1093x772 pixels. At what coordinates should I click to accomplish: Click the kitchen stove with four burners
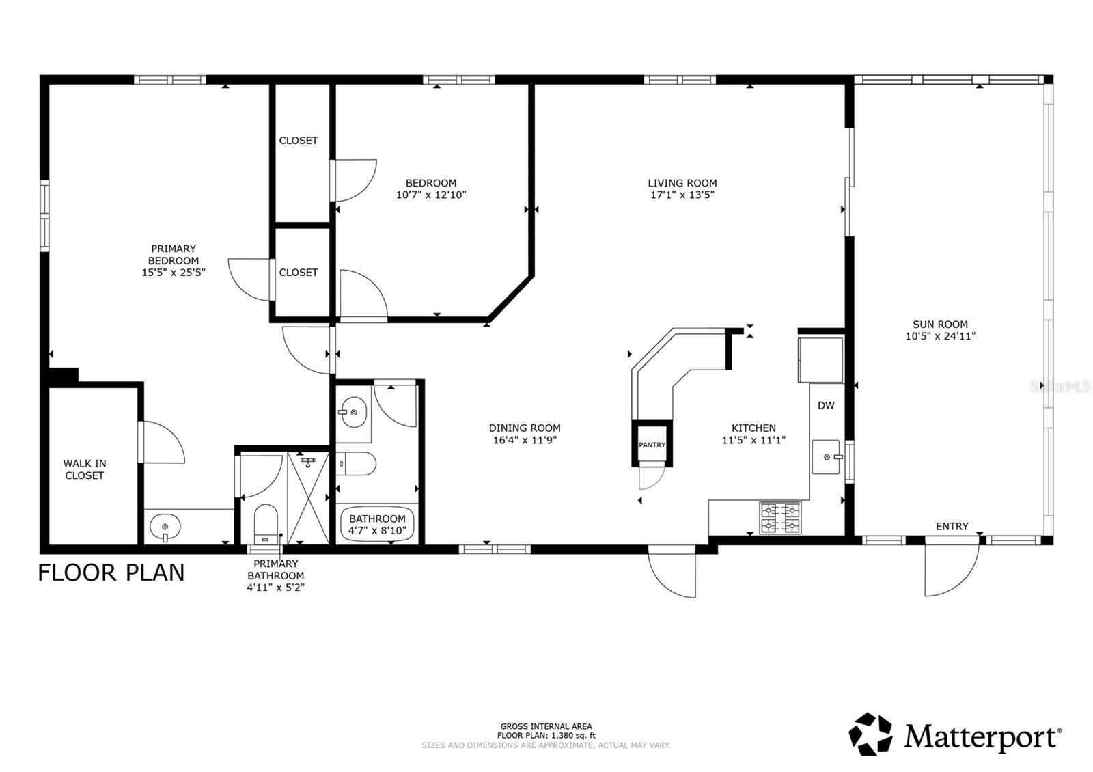pyautogui.click(x=780, y=517)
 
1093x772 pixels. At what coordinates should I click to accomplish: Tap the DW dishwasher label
pyautogui.click(x=826, y=405)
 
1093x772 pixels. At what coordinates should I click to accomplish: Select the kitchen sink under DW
pyautogui.click(x=827, y=456)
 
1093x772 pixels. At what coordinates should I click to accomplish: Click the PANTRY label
pyautogui.click(x=652, y=445)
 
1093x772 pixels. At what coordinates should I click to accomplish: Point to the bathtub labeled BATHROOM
pyautogui.click(x=377, y=525)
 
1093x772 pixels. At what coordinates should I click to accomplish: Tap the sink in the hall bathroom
pyautogui.click(x=353, y=412)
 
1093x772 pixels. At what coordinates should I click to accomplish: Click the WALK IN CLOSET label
pyautogui.click(x=85, y=469)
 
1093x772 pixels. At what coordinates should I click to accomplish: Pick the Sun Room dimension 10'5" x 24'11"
pyautogui.click(x=940, y=336)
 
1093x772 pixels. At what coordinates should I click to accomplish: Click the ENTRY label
pyautogui.click(x=952, y=526)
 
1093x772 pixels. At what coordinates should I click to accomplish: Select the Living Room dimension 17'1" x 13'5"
pyautogui.click(x=682, y=195)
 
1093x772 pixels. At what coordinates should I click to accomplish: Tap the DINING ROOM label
pyautogui.click(x=525, y=428)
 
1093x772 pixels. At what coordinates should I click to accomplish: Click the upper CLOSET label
pyautogui.click(x=299, y=141)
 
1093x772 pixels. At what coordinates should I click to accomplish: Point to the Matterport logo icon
pyautogui.click(x=870, y=734)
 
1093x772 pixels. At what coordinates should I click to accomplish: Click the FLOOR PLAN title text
pyautogui.click(x=111, y=573)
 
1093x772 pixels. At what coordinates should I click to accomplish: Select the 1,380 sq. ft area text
pyautogui.click(x=546, y=736)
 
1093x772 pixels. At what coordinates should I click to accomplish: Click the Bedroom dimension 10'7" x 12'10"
pyautogui.click(x=430, y=195)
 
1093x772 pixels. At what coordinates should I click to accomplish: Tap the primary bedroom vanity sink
pyautogui.click(x=165, y=527)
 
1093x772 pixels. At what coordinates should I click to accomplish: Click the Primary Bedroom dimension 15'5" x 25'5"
pyautogui.click(x=174, y=272)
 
